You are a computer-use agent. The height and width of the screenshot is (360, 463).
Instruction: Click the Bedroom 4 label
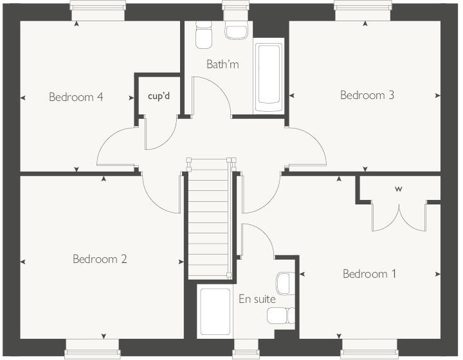[x=76, y=98]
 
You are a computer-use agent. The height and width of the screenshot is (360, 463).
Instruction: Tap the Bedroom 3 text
[x=367, y=95]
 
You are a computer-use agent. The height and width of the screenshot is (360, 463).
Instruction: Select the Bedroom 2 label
[x=100, y=259]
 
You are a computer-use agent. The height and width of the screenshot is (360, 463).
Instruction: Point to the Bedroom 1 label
[x=369, y=274]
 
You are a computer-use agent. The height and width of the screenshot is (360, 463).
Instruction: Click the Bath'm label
[x=222, y=64]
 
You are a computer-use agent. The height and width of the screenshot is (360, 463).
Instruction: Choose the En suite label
[x=257, y=299]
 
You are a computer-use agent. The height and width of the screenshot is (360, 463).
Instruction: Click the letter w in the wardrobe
[x=399, y=189]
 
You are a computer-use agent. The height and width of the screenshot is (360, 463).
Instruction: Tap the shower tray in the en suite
[x=215, y=312]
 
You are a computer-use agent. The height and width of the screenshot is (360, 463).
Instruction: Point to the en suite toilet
[x=280, y=315]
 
